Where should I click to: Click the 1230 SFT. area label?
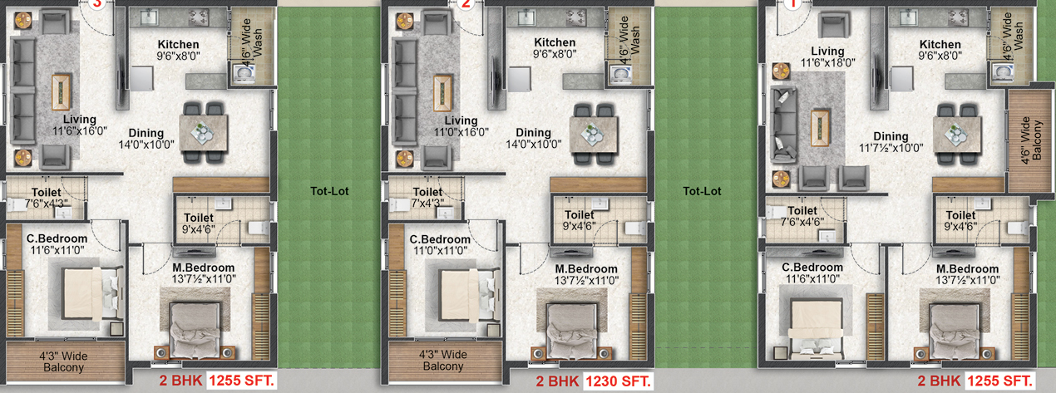click(618, 381)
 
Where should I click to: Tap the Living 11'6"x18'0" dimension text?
click(827, 56)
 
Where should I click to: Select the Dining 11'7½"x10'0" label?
click(891, 142)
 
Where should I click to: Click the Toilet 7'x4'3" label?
click(427, 198)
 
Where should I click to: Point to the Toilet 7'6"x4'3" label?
click(47, 198)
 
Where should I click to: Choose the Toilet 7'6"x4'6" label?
click(802, 216)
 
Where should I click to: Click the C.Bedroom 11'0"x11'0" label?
click(440, 244)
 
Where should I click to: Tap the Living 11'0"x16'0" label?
click(461, 126)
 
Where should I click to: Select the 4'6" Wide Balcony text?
click(1031, 140)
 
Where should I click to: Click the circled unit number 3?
click(97, 4)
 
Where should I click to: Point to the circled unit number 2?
click(466, 4)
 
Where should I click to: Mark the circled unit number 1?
click(792, 4)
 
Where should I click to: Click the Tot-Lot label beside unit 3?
click(329, 191)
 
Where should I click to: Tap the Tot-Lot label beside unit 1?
click(702, 191)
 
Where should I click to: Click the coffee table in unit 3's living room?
click(62, 92)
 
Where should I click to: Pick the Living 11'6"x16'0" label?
click(80, 125)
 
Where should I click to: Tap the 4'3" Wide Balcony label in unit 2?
click(442, 360)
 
